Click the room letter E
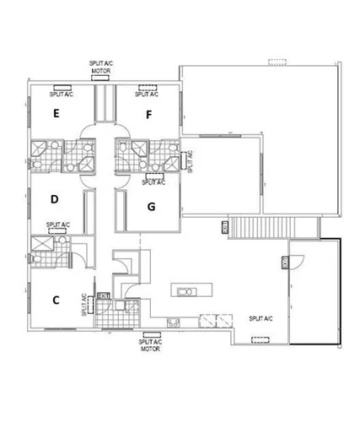click(56, 112)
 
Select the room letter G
click(151, 205)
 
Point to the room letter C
click(56, 299)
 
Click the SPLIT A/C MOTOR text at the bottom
click(150, 345)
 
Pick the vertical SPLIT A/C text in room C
click(84, 305)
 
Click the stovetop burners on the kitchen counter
click(174, 321)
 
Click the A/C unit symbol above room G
click(153, 175)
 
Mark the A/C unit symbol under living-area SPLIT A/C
click(261, 341)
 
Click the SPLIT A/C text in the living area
click(260, 319)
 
